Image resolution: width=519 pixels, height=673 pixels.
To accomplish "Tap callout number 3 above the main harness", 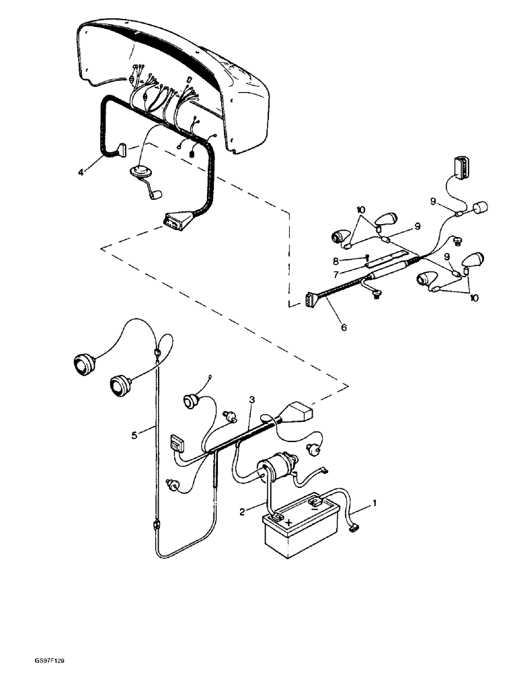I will [x=251, y=400].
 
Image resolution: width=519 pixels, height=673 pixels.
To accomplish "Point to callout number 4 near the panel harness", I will [x=80, y=173].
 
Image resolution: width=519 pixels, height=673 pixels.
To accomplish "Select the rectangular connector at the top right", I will [x=461, y=166].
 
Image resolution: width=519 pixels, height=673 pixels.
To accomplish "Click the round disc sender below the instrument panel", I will [x=140, y=172].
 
